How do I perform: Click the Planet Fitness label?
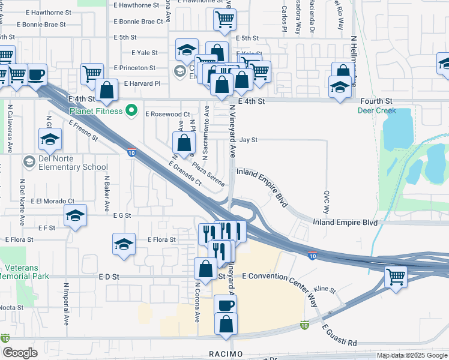pos(96,110)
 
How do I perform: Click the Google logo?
pos(20,353)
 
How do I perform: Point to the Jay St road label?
pos(249,140)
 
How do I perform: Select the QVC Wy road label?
pos(327,202)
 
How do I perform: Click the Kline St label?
pos(325,289)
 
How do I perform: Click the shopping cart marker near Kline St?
pos(396,278)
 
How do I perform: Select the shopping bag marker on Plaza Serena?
pos(184,143)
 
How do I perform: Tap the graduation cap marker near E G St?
pos(76,215)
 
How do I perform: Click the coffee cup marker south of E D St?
pos(225,305)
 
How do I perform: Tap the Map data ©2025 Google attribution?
pos(412,355)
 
